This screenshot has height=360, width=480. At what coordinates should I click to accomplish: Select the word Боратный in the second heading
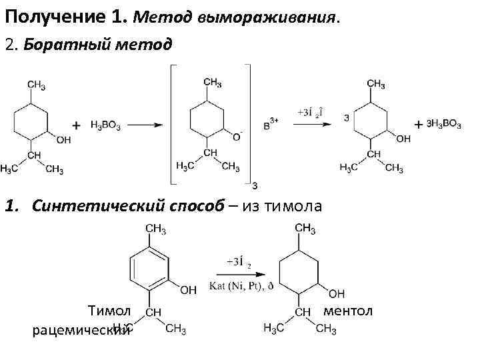(x=63, y=45)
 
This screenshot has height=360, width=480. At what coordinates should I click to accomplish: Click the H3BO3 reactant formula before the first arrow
(x=105, y=125)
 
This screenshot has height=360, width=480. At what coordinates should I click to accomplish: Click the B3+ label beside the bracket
(x=271, y=125)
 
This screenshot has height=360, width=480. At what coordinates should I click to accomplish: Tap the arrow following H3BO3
(x=146, y=125)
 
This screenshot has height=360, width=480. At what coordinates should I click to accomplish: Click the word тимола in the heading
(x=293, y=206)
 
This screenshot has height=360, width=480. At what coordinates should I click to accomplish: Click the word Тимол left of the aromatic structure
(x=110, y=311)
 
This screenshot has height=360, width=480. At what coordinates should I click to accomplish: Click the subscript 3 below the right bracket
(x=255, y=185)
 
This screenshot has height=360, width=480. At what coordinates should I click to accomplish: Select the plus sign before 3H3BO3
(x=418, y=125)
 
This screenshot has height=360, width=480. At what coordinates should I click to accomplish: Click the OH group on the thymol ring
(x=189, y=290)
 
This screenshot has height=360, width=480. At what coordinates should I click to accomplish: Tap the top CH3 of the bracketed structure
(x=213, y=82)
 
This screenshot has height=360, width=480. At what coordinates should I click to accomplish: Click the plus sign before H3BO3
(x=76, y=125)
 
